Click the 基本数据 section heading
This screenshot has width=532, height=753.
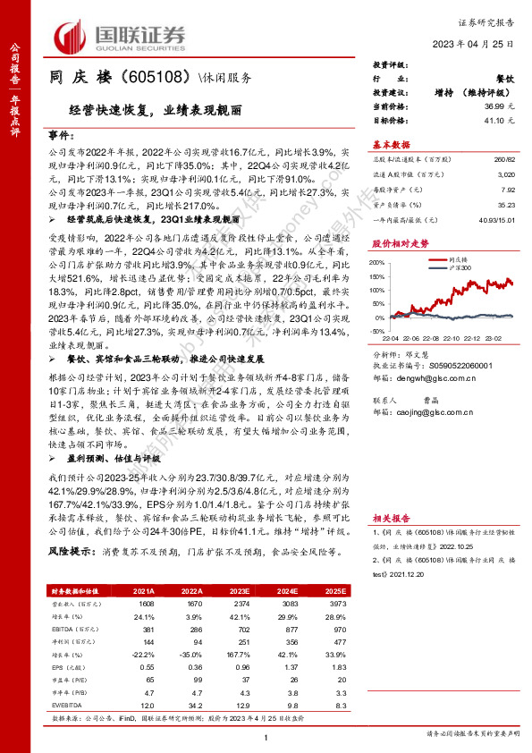(391, 144)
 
